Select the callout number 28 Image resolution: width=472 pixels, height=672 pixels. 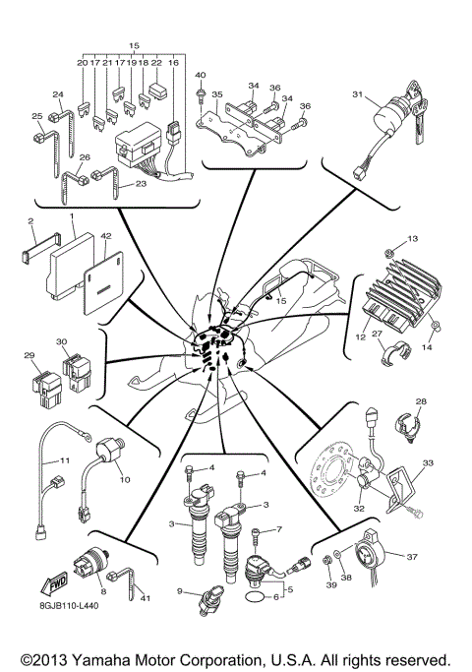[x=421, y=401]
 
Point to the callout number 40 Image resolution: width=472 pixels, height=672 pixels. [x=200, y=76]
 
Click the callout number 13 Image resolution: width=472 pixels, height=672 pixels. [x=413, y=267]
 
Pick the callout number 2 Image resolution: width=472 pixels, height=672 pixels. [x=31, y=222]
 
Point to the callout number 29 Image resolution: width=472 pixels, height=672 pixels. [x=29, y=355]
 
